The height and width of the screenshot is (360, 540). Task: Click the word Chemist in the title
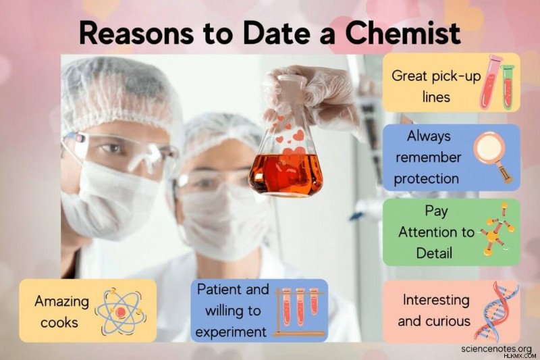click(403, 33)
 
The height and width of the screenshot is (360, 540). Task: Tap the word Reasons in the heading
click(136, 33)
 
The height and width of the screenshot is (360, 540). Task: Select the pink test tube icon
click(491, 80)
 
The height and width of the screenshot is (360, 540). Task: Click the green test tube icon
click(508, 87)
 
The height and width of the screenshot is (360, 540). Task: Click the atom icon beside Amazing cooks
click(121, 312)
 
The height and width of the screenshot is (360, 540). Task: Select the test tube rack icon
click(299, 312)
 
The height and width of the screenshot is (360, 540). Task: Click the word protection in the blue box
click(427, 179)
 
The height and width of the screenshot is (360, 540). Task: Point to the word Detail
click(434, 253)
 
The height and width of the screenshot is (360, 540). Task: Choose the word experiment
click(231, 333)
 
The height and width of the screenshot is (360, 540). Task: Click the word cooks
click(59, 323)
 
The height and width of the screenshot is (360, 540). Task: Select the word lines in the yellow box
click(436, 97)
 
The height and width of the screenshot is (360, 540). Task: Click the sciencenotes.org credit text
click(497, 349)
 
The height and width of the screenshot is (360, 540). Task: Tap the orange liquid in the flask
click(286, 174)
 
